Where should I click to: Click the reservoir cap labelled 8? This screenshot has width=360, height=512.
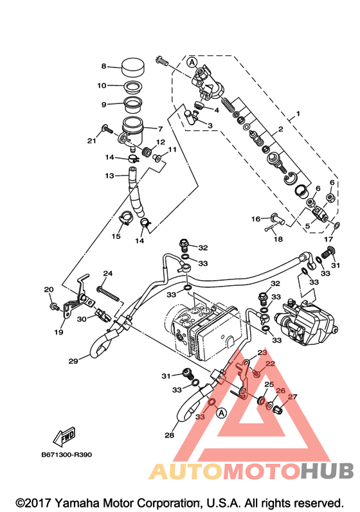tap(133, 67)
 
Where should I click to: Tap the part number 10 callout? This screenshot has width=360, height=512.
tap(102, 85)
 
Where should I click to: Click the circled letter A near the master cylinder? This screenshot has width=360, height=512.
tap(192, 62)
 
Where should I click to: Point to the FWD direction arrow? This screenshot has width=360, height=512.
tap(65, 437)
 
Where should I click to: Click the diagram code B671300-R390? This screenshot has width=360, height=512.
tap(67, 455)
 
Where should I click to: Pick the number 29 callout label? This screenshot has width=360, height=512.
tap(73, 361)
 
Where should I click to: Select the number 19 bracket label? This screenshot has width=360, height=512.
tap(59, 332)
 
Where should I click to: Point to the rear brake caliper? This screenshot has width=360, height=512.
tap(304, 322)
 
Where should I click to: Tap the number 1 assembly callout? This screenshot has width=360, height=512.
tap(298, 114)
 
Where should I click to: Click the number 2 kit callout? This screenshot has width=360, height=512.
tap(281, 129)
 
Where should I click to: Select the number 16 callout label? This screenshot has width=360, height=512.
tap(255, 219)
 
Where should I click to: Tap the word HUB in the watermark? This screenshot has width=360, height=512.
tap(327, 471)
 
